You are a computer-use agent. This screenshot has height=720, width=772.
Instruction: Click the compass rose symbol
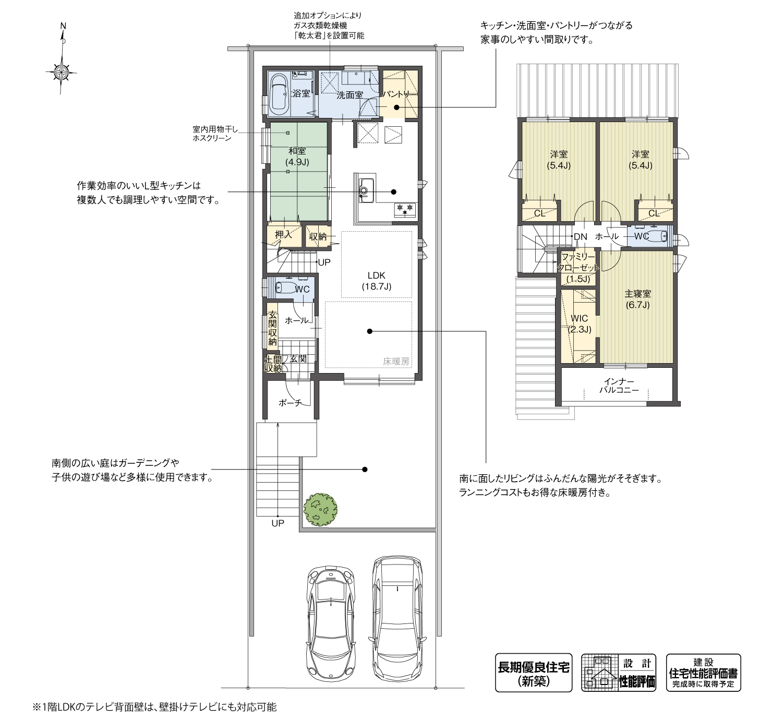[62, 70]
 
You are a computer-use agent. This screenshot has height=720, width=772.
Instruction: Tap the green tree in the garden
[320, 509]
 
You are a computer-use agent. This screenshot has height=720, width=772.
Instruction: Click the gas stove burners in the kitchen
[405, 209]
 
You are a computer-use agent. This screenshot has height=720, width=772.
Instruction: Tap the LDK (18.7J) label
[376, 281]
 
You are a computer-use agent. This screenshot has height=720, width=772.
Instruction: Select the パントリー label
[399, 94]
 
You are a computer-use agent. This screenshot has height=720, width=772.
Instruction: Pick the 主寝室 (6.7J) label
[637, 299]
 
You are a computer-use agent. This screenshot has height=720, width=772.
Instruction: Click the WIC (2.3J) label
[579, 323]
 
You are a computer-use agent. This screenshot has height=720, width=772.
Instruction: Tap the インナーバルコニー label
[619, 386]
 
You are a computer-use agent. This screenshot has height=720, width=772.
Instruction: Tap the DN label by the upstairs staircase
[580, 237]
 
